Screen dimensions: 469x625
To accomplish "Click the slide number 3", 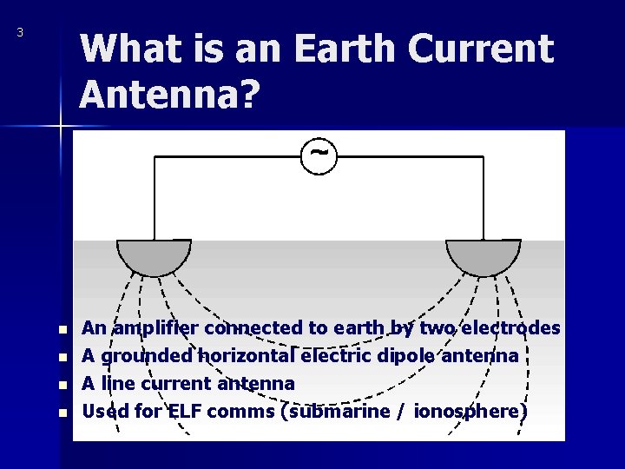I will [x=20, y=33].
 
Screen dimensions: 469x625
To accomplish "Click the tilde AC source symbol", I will [x=319, y=154].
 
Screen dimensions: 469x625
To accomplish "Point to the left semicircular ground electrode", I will [x=154, y=255].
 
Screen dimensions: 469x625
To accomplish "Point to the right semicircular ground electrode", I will [x=483, y=255].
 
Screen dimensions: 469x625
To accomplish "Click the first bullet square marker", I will [x=62, y=330].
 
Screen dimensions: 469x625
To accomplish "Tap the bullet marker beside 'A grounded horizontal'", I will [x=62, y=357].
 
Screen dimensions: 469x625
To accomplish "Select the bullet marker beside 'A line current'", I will [x=62, y=384].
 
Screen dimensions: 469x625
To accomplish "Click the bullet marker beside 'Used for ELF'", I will [x=62, y=412].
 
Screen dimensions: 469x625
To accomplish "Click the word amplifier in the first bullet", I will [x=155, y=328].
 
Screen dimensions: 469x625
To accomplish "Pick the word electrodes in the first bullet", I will [x=513, y=328].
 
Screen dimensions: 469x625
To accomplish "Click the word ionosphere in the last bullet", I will [x=470, y=411].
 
